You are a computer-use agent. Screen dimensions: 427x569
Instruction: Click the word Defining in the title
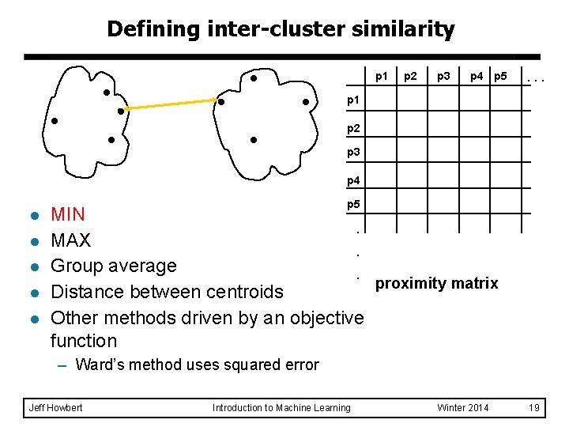pyautogui.click(x=143, y=30)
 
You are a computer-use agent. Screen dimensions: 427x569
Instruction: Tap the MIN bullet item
pyautogui.click(x=68, y=214)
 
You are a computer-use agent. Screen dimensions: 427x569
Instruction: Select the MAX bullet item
pyautogui.click(x=70, y=240)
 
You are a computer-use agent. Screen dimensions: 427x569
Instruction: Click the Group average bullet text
pyautogui.click(x=113, y=266)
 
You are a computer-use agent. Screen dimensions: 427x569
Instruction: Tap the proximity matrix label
pyautogui.click(x=436, y=283)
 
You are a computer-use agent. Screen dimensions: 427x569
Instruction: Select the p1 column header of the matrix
pyautogui.click(x=381, y=77)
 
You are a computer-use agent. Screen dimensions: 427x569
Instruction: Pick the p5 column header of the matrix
pyautogui.click(x=499, y=77)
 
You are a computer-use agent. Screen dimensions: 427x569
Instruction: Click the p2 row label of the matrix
pyautogui.click(x=354, y=127)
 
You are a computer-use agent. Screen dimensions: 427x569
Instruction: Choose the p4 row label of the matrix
pyautogui.click(x=354, y=180)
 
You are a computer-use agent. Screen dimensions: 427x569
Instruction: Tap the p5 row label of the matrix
pyautogui.click(x=354, y=205)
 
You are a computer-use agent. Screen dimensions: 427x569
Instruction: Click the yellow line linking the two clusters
pyautogui.click(x=170, y=105)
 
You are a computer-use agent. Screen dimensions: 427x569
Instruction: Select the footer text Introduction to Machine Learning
pyautogui.click(x=281, y=407)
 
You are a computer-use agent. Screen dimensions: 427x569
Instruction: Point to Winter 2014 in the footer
pyautogui.click(x=462, y=407)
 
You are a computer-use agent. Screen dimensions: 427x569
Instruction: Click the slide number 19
pyautogui.click(x=534, y=407)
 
